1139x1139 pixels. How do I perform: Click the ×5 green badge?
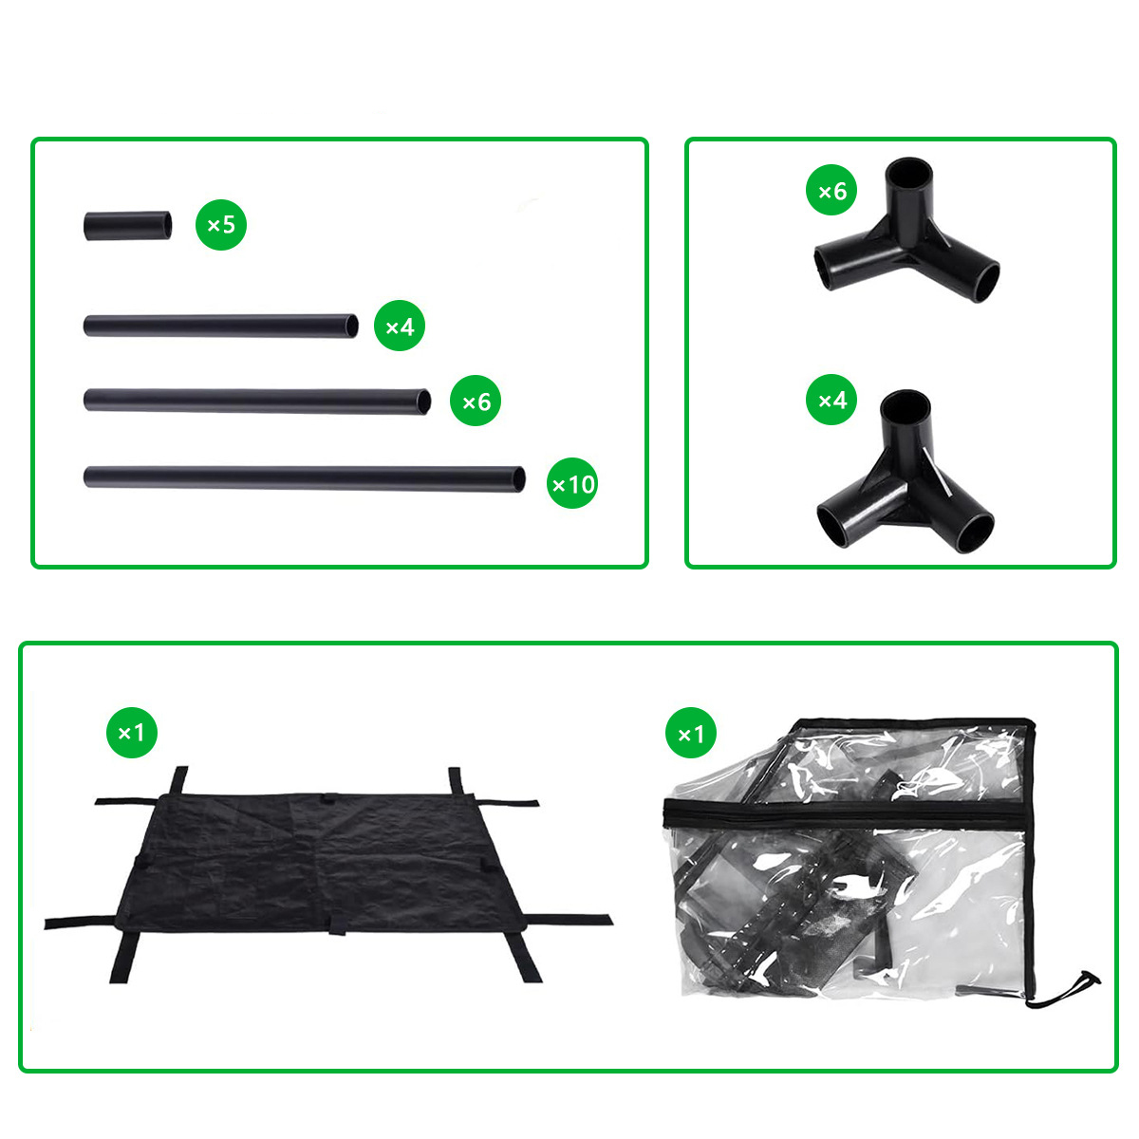[220, 225]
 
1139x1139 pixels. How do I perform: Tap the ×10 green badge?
[571, 483]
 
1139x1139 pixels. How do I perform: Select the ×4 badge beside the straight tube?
[399, 326]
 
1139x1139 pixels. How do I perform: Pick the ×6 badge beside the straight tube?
[476, 401]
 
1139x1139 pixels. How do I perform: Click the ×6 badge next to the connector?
[831, 190]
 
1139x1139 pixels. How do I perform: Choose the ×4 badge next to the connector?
[831, 400]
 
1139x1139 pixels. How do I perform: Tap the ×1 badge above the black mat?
[131, 733]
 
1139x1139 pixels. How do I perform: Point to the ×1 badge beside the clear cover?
[690, 733]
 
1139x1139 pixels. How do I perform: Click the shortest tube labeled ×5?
[128, 225]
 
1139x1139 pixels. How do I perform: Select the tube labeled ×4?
[220, 326]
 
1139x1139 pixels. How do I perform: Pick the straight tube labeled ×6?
[257, 401]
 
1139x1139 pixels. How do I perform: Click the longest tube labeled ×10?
[304, 478]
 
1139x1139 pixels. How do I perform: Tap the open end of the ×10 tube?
[518, 479]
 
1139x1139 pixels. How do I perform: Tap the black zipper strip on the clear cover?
[846, 814]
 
